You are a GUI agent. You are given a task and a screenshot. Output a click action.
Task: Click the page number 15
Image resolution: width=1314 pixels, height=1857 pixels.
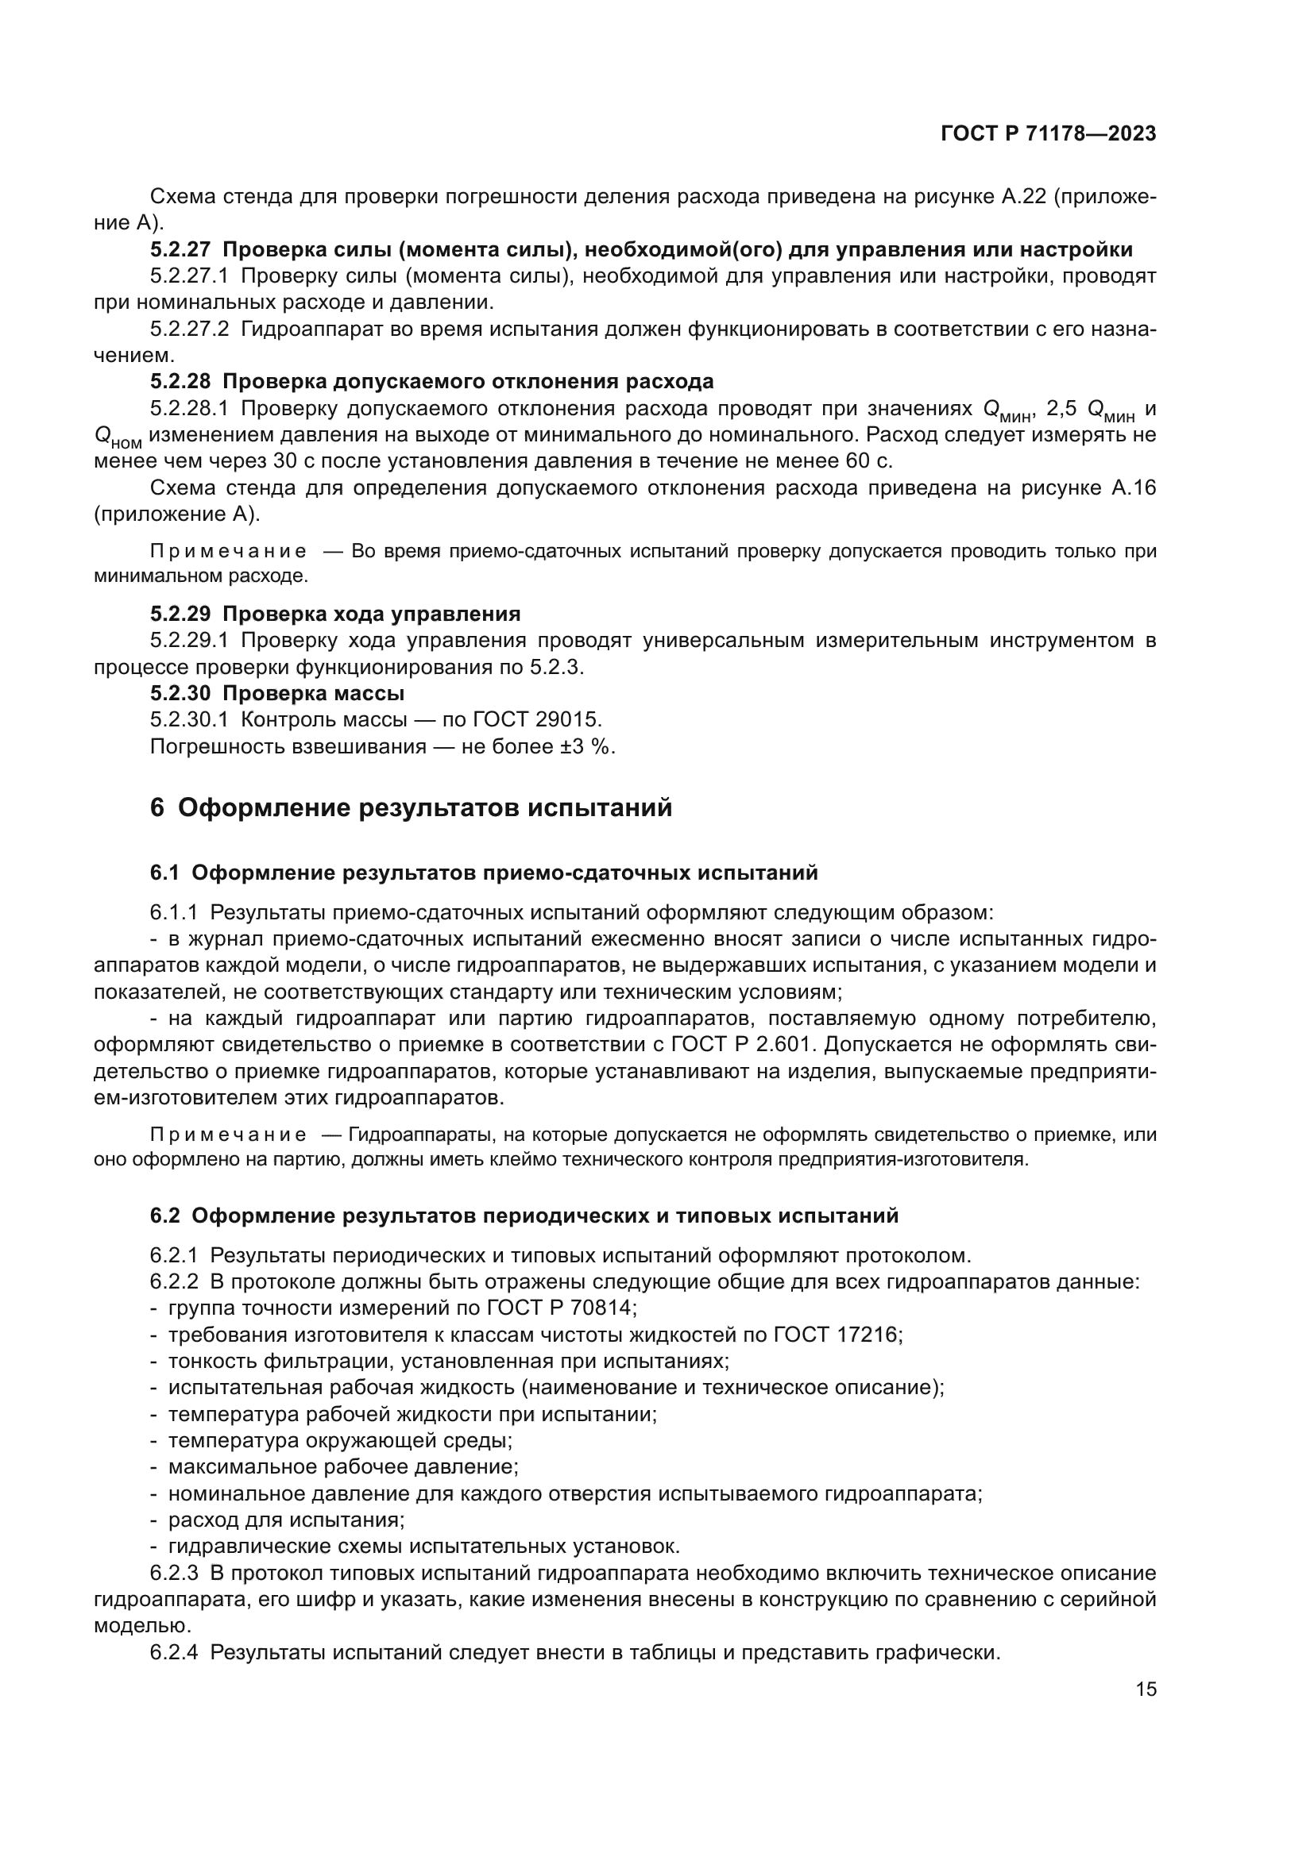1146,1689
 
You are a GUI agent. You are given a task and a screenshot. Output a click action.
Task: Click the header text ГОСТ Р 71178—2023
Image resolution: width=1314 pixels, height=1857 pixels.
1048,134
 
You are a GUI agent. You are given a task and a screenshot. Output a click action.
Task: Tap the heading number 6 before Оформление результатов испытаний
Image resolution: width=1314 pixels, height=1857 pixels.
157,808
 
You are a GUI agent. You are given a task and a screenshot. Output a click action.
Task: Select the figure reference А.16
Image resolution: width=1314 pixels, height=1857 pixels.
1134,487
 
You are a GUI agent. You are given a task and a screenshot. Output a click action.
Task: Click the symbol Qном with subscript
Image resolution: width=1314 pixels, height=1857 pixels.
118,437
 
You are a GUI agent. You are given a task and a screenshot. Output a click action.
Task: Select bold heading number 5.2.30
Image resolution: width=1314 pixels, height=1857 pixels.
180,693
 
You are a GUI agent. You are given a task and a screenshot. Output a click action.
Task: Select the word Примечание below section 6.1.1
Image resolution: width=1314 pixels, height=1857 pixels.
228,1135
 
